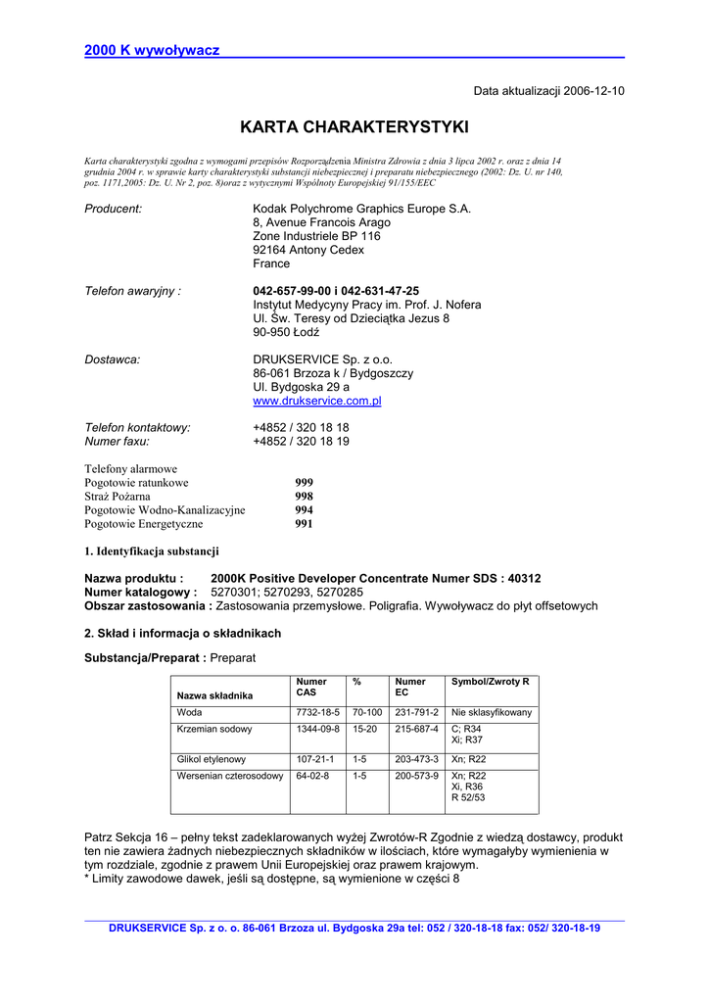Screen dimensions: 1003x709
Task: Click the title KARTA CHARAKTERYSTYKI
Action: pyautogui.click(x=354, y=127)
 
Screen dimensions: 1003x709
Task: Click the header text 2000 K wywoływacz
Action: pyautogui.click(x=152, y=50)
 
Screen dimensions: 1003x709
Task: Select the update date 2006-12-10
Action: pyautogui.click(x=593, y=91)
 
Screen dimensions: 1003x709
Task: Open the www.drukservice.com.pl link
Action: pyautogui.click(x=316, y=401)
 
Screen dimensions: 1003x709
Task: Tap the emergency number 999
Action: pyautogui.click(x=305, y=483)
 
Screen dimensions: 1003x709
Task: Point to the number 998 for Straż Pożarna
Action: pyautogui.click(x=305, y=497)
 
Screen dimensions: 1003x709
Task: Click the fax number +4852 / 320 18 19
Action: pyautogui.click(x=301, y=442)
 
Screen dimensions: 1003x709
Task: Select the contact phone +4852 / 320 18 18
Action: pyautogui.click(x=301, y=428)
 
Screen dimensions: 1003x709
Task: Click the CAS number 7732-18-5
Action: pyautogui.click(x=317, y=713)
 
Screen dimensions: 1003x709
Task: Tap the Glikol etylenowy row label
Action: pyautogui.click(x=212, y=759)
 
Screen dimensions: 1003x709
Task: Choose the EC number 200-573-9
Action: pyautogui.click(x=416, y=776)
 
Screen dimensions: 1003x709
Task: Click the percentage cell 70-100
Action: pyautogui.click(x=367, y=713)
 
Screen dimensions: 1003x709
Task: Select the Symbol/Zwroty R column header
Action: pyautogui.click(x=490, y=682)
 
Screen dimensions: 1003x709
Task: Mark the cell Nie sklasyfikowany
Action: pyautogui.click(x=491, y=713)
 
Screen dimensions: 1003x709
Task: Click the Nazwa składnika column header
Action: pyautogui.click(x=214, y=695)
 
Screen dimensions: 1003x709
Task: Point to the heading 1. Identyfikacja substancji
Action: pyautogui.click(x=152, y=551)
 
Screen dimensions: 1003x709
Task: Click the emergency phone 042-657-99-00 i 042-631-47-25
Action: pyautogui.click(x=336, y=291)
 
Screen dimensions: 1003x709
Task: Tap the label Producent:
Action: pyautogui.click(x=114, y=209)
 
